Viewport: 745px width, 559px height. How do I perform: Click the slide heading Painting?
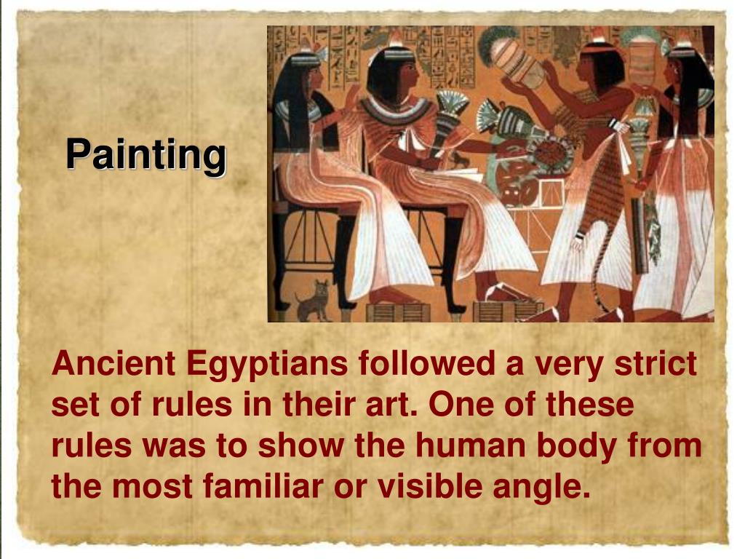tap(146, 154)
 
